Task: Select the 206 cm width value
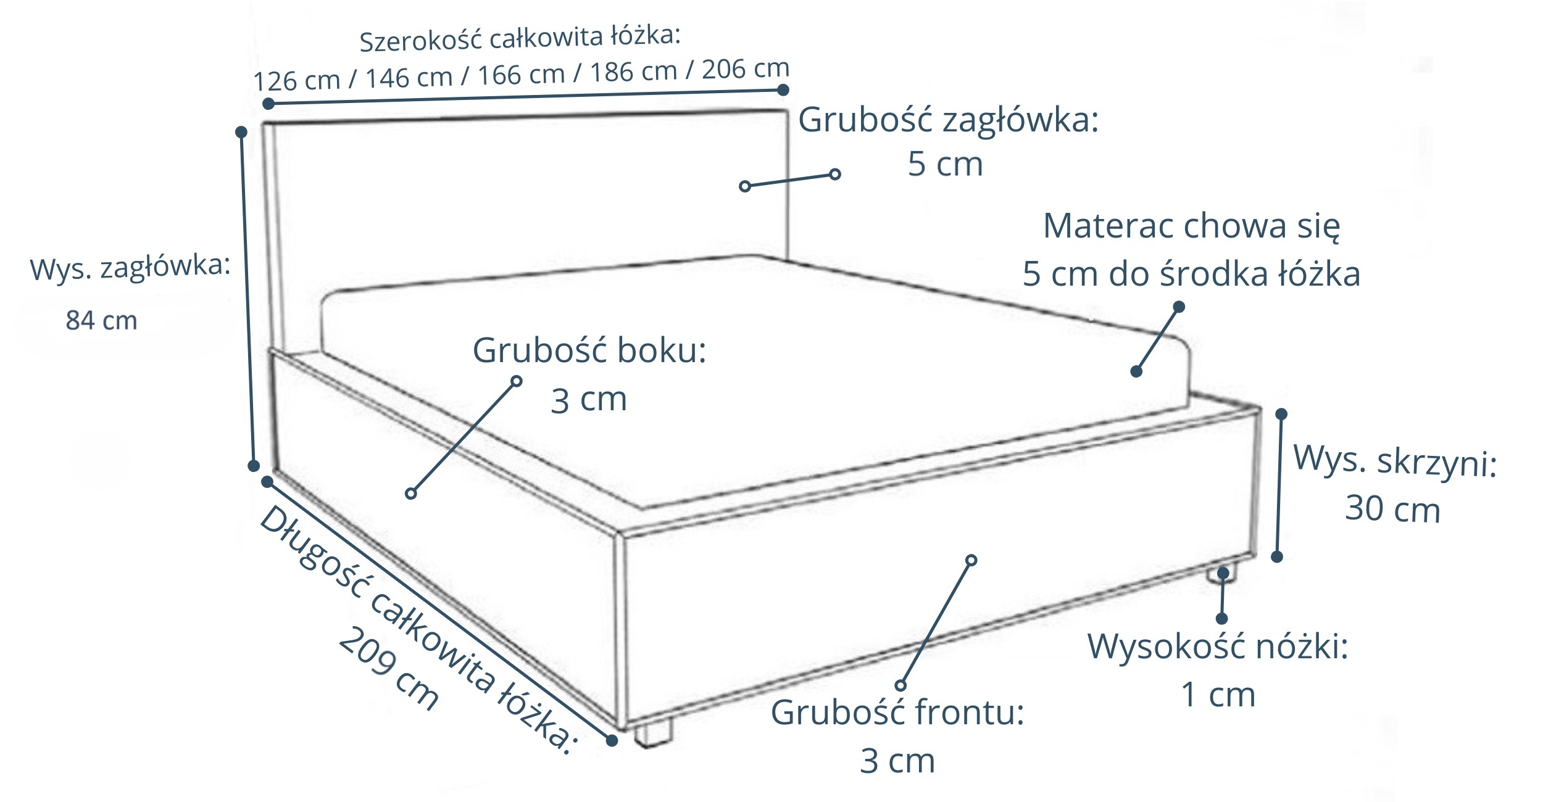point(746,69)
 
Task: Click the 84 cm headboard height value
point(101,321)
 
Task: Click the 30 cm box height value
point(1392,510)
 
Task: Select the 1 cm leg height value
point(1218,695)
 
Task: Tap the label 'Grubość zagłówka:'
point(949,120)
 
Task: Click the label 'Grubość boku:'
point(589,350)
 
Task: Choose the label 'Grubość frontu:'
point(897,713)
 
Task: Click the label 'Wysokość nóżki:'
point(1218,647)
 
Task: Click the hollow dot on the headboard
point(745,186)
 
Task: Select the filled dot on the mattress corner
point(1136,371)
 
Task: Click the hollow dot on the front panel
point(971,560)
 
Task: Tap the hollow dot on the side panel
point(411,494)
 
